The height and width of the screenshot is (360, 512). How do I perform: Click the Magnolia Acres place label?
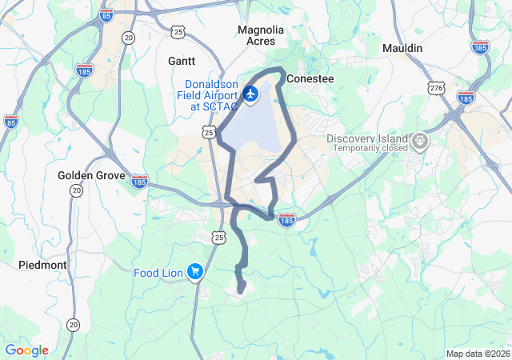tap(261, 35)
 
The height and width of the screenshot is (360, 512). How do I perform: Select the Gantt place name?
tap(182, 61)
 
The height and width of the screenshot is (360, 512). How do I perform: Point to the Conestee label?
tap(309, 79)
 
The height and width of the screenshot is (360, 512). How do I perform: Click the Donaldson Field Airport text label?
tap(211, 94)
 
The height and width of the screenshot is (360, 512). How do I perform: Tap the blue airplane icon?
tap(251, 94)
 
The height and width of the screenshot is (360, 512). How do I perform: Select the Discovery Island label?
tap(367, 138)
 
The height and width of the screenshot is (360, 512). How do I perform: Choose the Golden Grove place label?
tap(91, 175)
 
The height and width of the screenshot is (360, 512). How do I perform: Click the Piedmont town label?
tap(42, 264)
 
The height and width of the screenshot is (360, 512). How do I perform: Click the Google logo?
tap(26, 350)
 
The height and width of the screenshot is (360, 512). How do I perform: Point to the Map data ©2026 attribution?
tap(477, 354)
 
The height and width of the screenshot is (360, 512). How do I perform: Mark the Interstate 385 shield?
tap(481, 47)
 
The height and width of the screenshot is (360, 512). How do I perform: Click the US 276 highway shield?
tap(436, 87)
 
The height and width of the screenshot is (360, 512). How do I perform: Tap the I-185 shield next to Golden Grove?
tap(139, 182)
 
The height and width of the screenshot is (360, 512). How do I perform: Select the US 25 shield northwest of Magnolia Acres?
tap(178, 31)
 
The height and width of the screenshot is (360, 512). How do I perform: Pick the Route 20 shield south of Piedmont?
tap(74, 324)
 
